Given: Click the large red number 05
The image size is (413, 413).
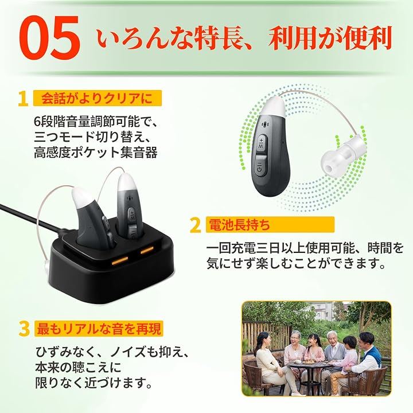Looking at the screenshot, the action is (x=49, y=37).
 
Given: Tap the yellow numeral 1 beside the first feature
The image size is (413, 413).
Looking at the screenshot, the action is (x=23, y=99).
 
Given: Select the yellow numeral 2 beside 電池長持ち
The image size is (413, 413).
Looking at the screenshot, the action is (x=195, y=225).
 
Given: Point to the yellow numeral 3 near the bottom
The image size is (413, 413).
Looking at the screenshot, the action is (x=24, y=329).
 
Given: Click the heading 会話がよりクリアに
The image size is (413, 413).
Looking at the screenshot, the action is (x=97, y=99).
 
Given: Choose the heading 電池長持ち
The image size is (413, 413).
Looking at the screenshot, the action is (x=239, y=225).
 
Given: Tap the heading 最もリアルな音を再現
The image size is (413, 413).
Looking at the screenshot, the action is (x=99, y=329).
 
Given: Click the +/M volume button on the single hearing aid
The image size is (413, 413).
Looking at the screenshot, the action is (x=262, y=142).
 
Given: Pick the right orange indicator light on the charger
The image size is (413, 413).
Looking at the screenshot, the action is (x=147, y=250).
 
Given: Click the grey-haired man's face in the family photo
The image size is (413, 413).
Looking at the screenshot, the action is (x=332, y=338).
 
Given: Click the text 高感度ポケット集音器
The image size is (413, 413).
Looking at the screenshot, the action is (x=96, y=152).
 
